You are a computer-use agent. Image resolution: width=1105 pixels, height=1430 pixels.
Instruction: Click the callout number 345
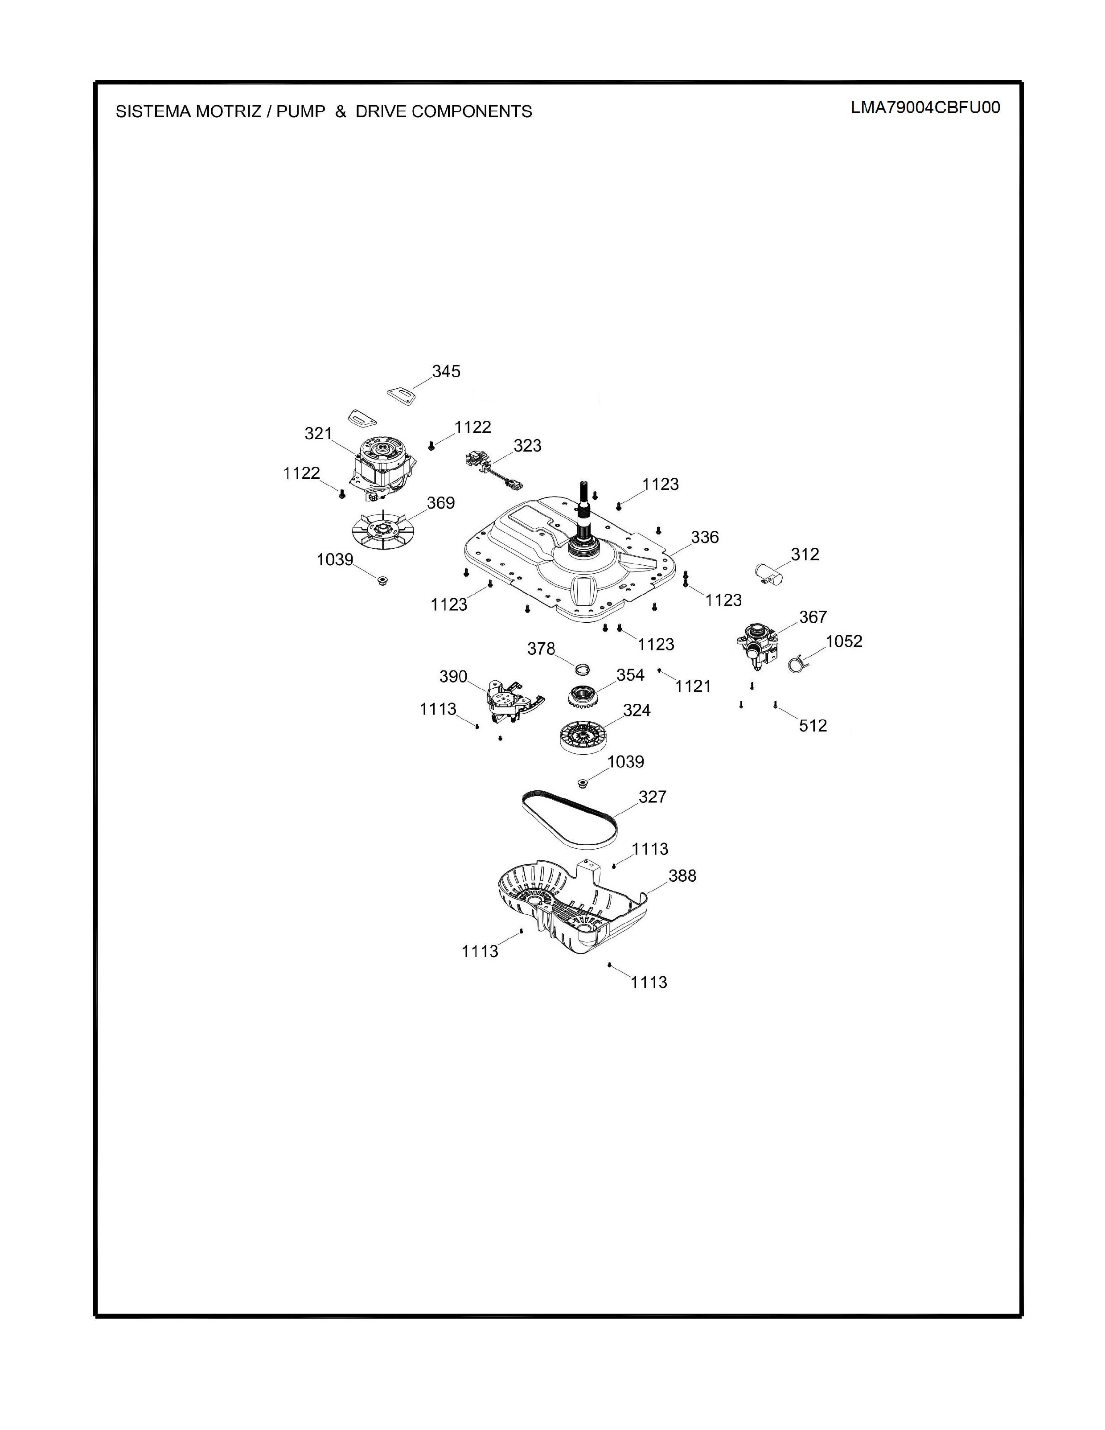coord(446,371)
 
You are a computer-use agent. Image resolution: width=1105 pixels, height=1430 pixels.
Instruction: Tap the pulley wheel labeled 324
coord(582,736)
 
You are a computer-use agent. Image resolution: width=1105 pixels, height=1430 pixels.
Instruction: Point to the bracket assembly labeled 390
coord(513,701)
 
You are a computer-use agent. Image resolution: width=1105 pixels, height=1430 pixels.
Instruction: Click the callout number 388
coord(682,875)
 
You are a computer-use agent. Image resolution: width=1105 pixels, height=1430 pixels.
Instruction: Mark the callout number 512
coord(813,726)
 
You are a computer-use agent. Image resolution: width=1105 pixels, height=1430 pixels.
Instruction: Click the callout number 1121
coord(693,686)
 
